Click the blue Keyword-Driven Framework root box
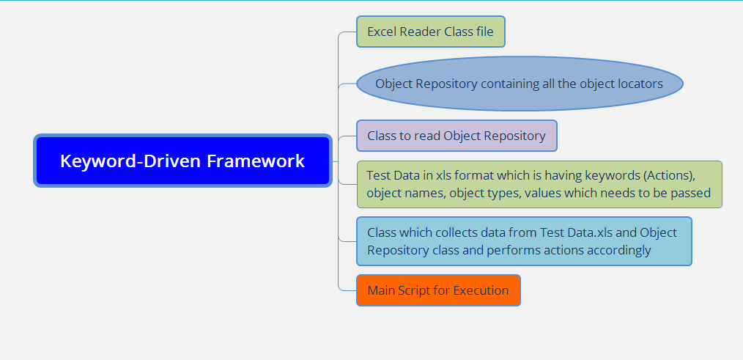[x=182, y=161]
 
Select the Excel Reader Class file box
[x=431, y=32]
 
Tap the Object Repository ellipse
[x=520, y=84]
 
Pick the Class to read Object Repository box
[x=456, y=136]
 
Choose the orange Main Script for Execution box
[x=438, y=290]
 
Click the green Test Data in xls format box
[x=539, y=184]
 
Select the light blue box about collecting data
[x=524, y=241]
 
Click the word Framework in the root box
[x=256, y=161]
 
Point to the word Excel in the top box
[x=382, y=32]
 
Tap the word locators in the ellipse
[x=640, y=84]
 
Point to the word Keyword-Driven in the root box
[x=130, y=161]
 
